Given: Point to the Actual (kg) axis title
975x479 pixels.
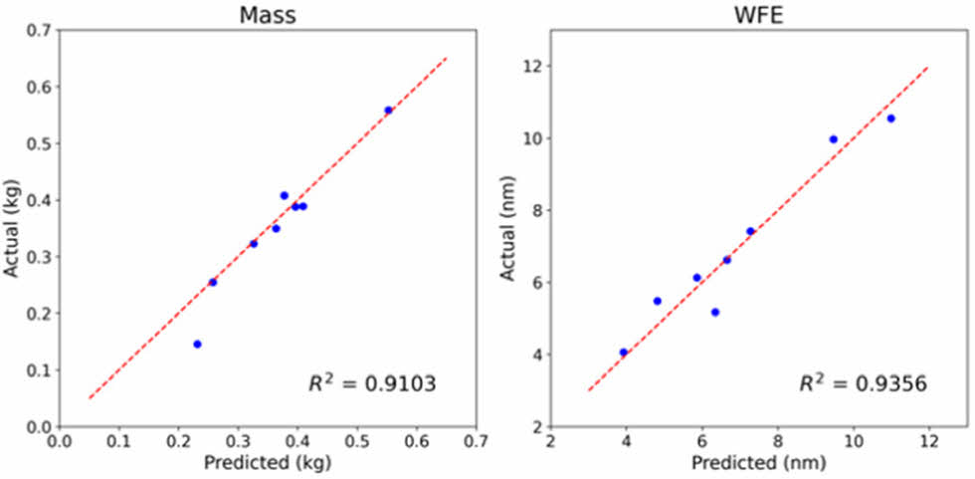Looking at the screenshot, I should [14, 228].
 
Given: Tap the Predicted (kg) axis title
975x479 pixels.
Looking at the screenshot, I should [268, 463].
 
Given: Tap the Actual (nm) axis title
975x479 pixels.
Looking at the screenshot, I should [509, 228].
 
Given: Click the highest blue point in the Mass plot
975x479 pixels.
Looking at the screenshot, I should [388, 110].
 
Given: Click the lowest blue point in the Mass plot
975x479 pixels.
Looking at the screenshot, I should [197, 344].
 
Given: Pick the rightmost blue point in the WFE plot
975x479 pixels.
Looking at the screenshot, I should [890, 119].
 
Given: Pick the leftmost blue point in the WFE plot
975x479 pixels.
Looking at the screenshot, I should [624, 352].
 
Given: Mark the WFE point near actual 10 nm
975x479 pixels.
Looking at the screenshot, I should [833, 139].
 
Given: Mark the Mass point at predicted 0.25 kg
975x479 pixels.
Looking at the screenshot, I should [212, 282].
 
